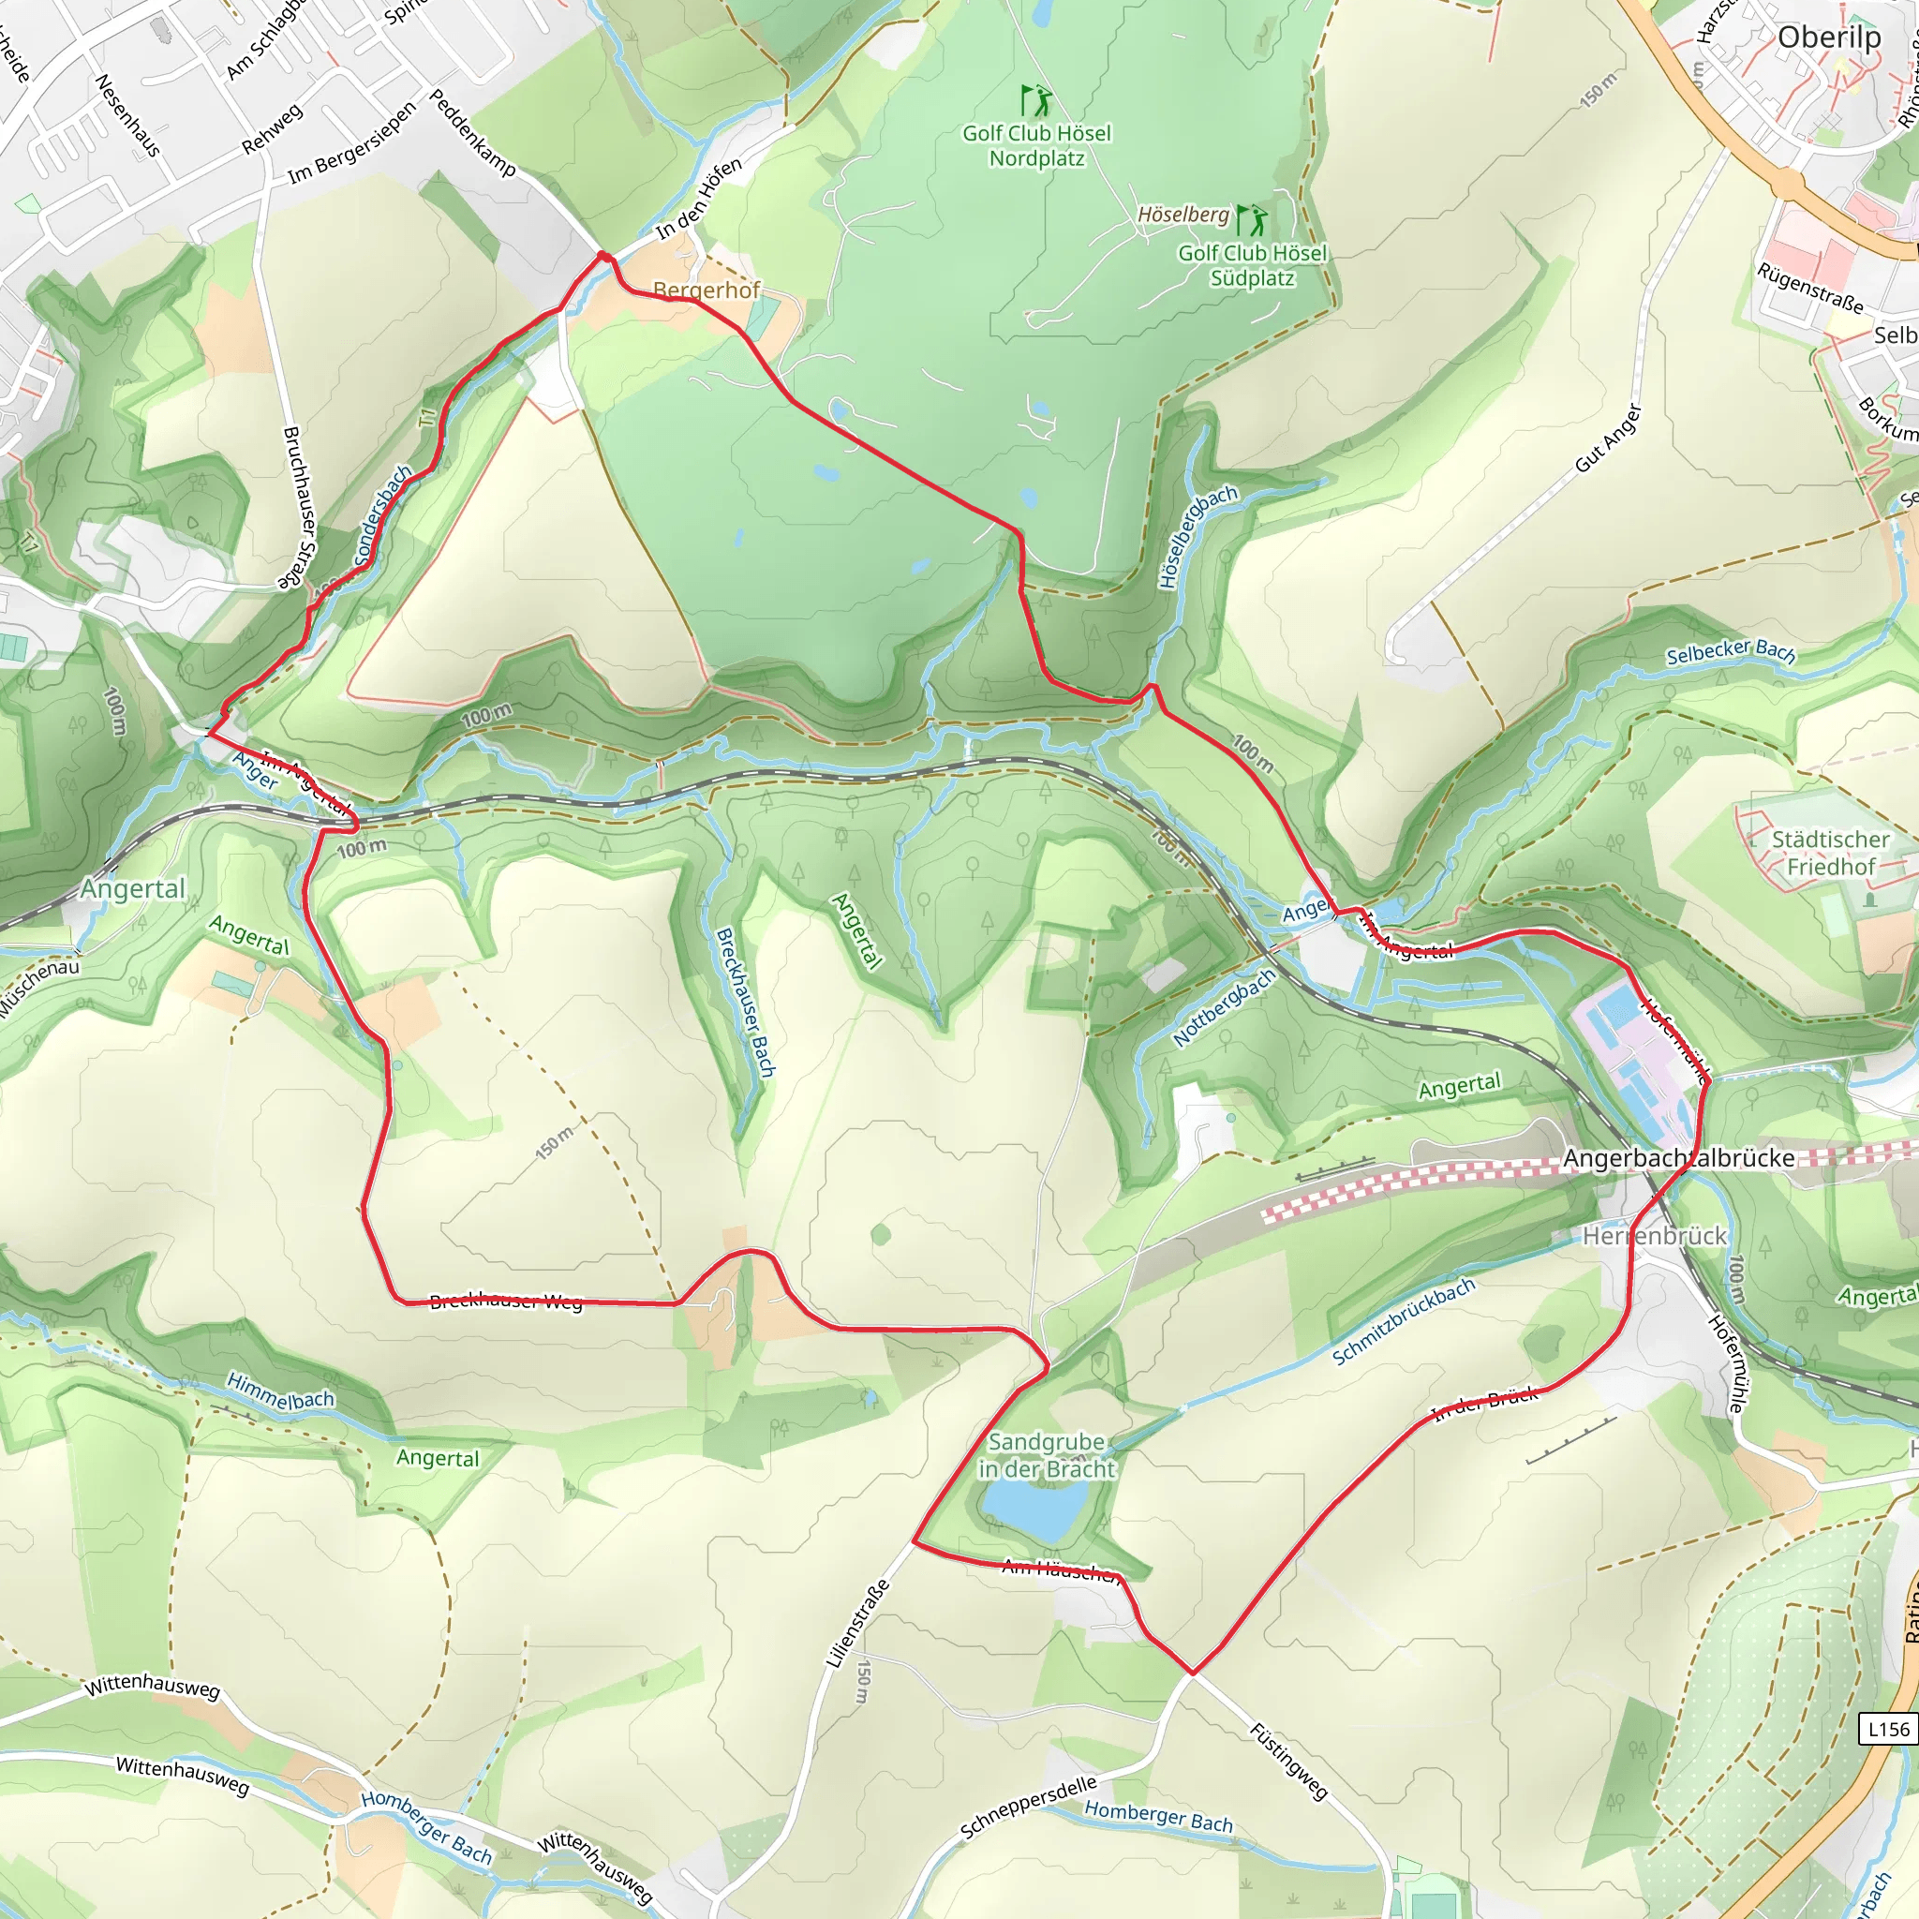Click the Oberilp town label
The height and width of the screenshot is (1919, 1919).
point(1829,37)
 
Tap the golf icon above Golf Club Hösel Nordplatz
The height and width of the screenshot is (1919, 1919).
point(1036,100)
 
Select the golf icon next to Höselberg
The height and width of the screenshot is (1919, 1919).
point(1253,218)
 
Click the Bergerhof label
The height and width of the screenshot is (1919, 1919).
point(707,290)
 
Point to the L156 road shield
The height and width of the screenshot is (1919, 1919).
point(1887,1730)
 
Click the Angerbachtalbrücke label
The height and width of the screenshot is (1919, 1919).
point(1678,1158)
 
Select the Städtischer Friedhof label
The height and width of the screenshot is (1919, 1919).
point(1830,854)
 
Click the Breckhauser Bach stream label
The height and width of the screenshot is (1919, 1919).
point(745,1003)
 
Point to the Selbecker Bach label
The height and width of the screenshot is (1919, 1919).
point(1731,652)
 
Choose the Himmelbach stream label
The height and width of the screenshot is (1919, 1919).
point(280,1391)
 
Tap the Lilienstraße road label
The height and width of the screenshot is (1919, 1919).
point(856,1624)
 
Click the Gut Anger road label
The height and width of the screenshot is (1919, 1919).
point(1608,438)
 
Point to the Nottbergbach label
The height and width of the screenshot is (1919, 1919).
point(1224,1007)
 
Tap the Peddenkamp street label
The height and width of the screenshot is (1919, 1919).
point(472,133)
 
